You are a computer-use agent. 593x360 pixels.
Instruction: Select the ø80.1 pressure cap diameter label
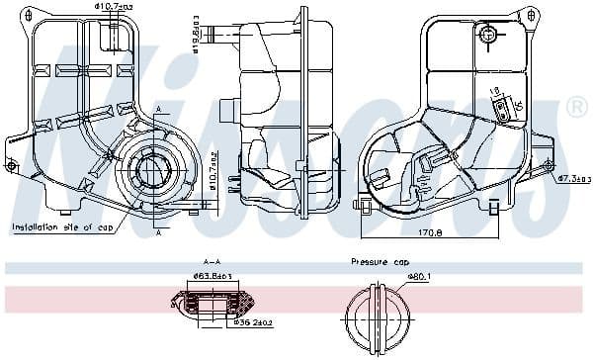click(x=392, y=277)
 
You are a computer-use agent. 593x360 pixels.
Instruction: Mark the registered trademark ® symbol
click(x=576, y=107)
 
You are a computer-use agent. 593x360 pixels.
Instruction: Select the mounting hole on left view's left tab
click(x=11, y=165)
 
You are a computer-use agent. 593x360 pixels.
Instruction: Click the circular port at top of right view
click(x=488, y=36)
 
